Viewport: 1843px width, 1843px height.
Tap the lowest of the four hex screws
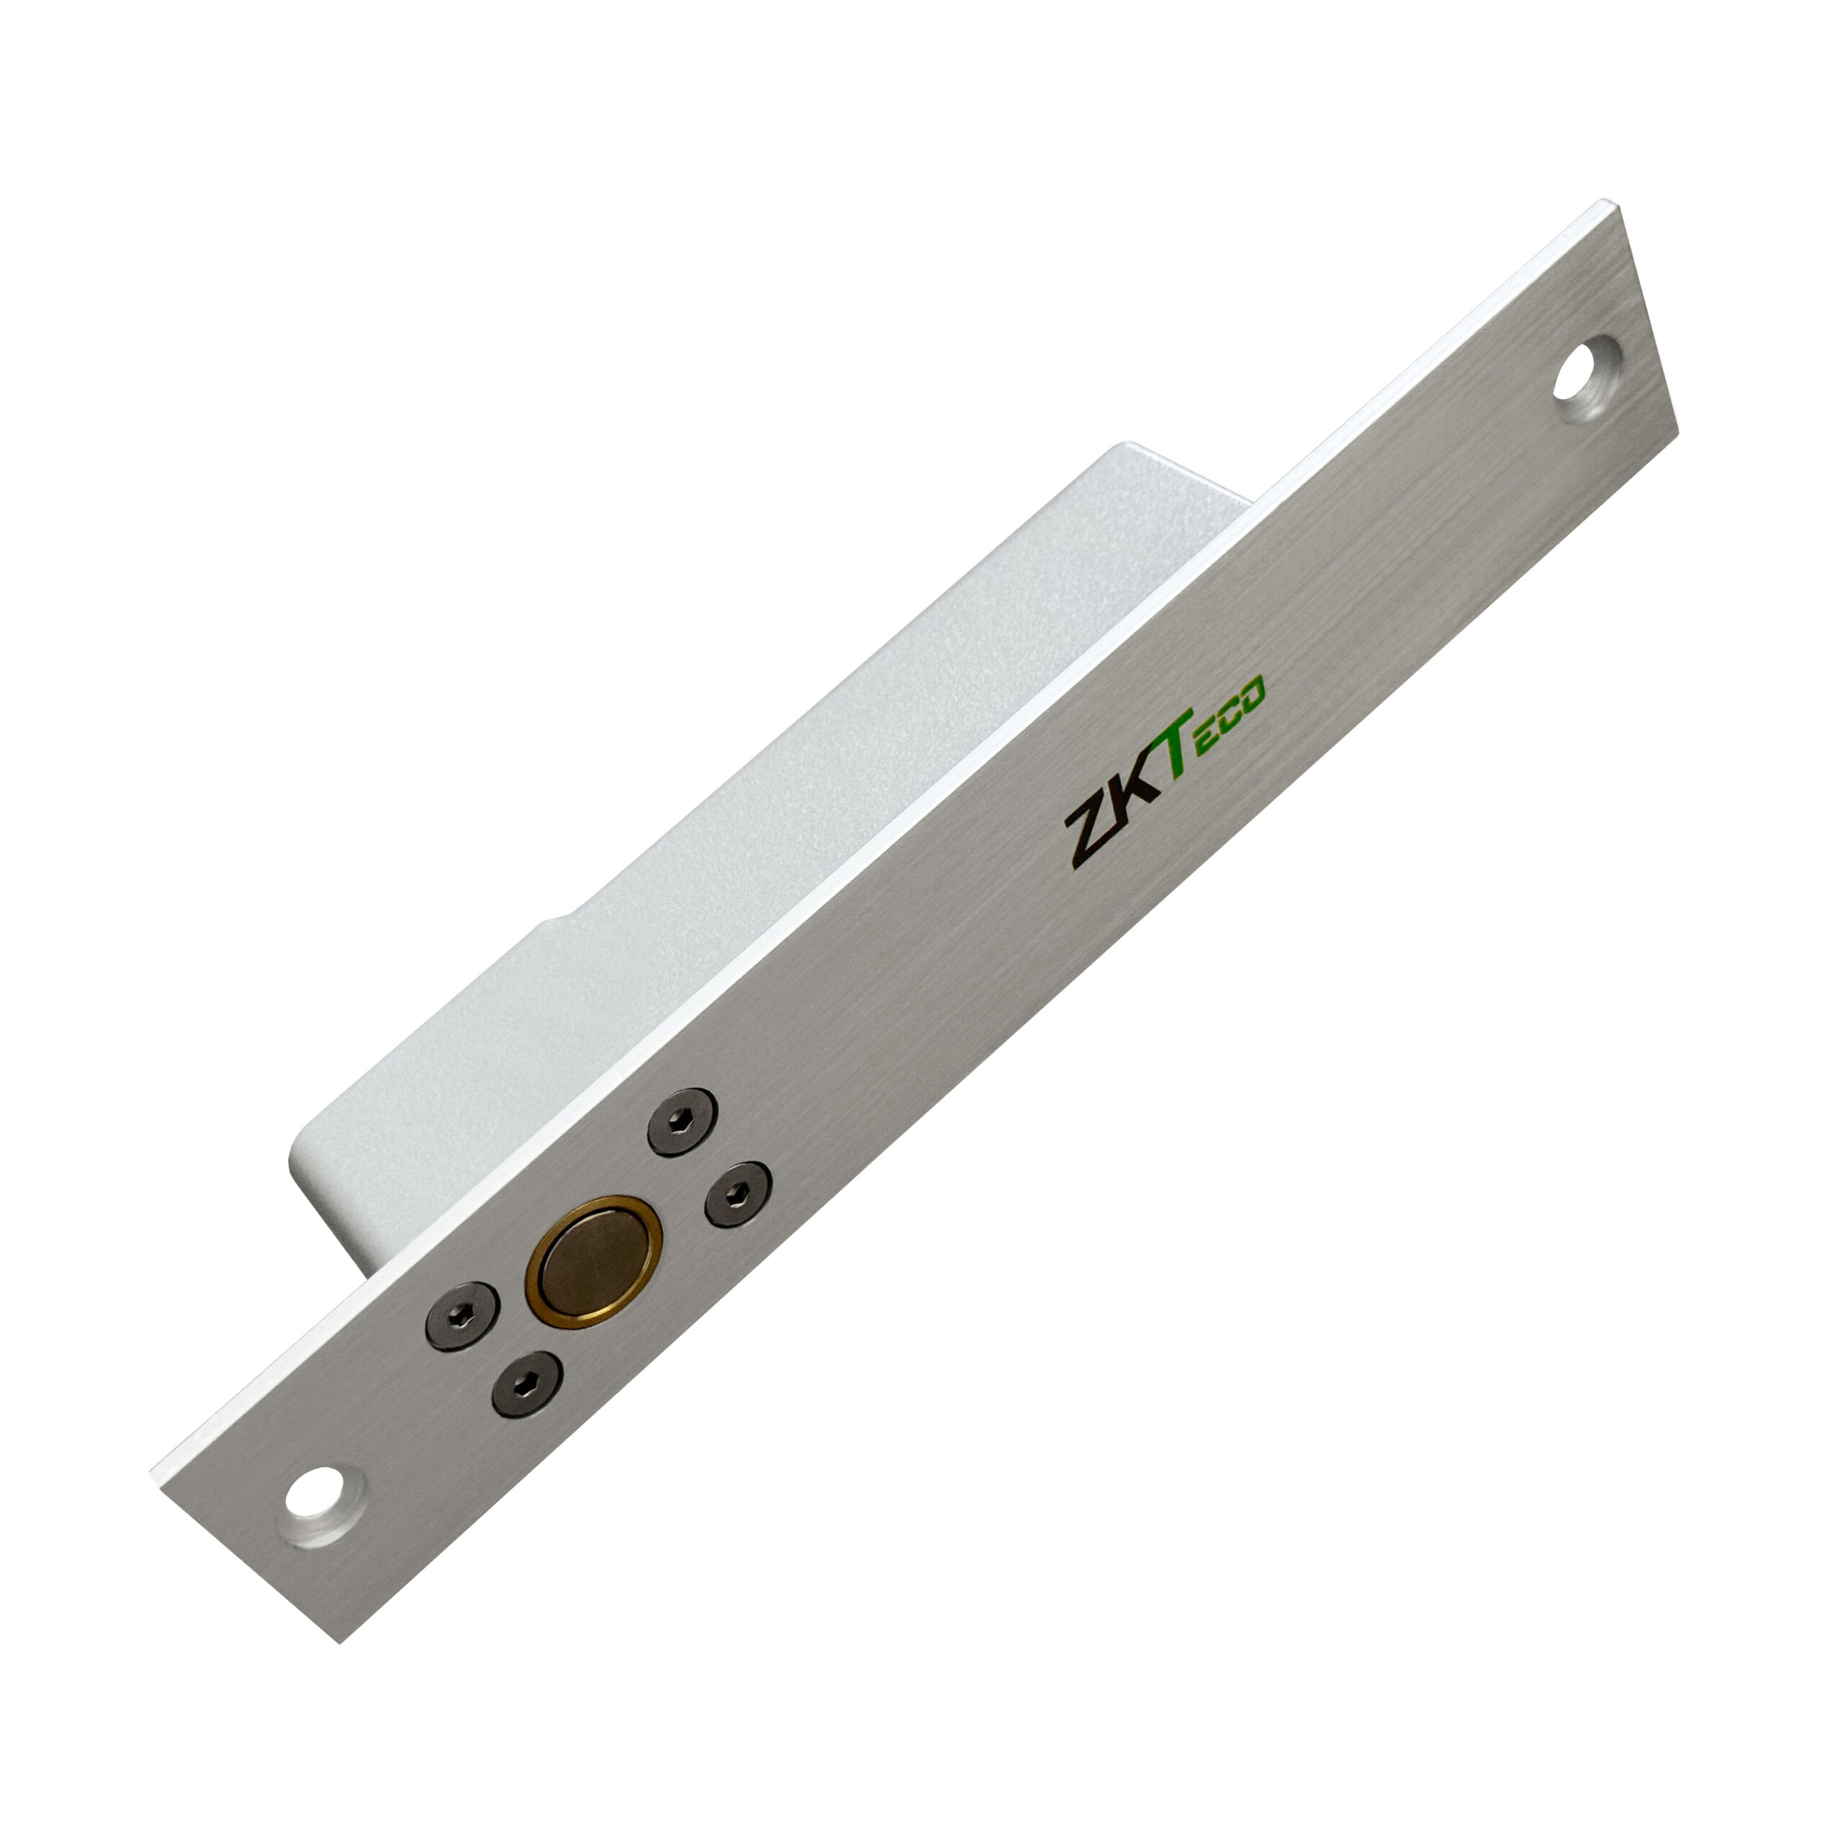526,1383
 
